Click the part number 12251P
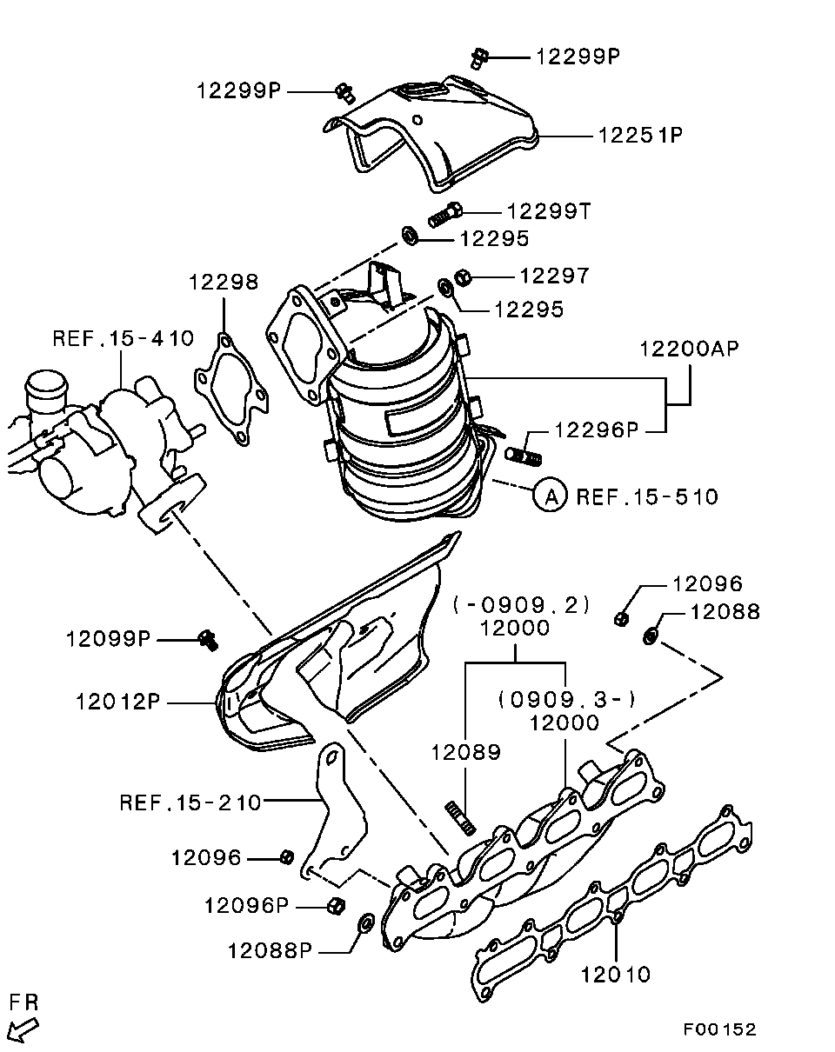coord(639,136)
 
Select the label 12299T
coord(549,211)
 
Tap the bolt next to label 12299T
coord(444,214)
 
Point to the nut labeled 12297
coord(464,276)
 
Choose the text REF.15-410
coord(123,338)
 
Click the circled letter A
coord(550,496)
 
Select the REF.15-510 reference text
coord(648,497)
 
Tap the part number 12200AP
coord(689,350)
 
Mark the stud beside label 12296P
coord(523,455)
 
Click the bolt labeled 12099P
coord(207,640)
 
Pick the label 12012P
coord(118,701)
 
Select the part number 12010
coord(616,974)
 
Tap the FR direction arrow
coord(25,1030)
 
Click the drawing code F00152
coord(719,1029)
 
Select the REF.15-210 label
coord(190,802)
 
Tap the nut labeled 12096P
coord(334,905)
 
